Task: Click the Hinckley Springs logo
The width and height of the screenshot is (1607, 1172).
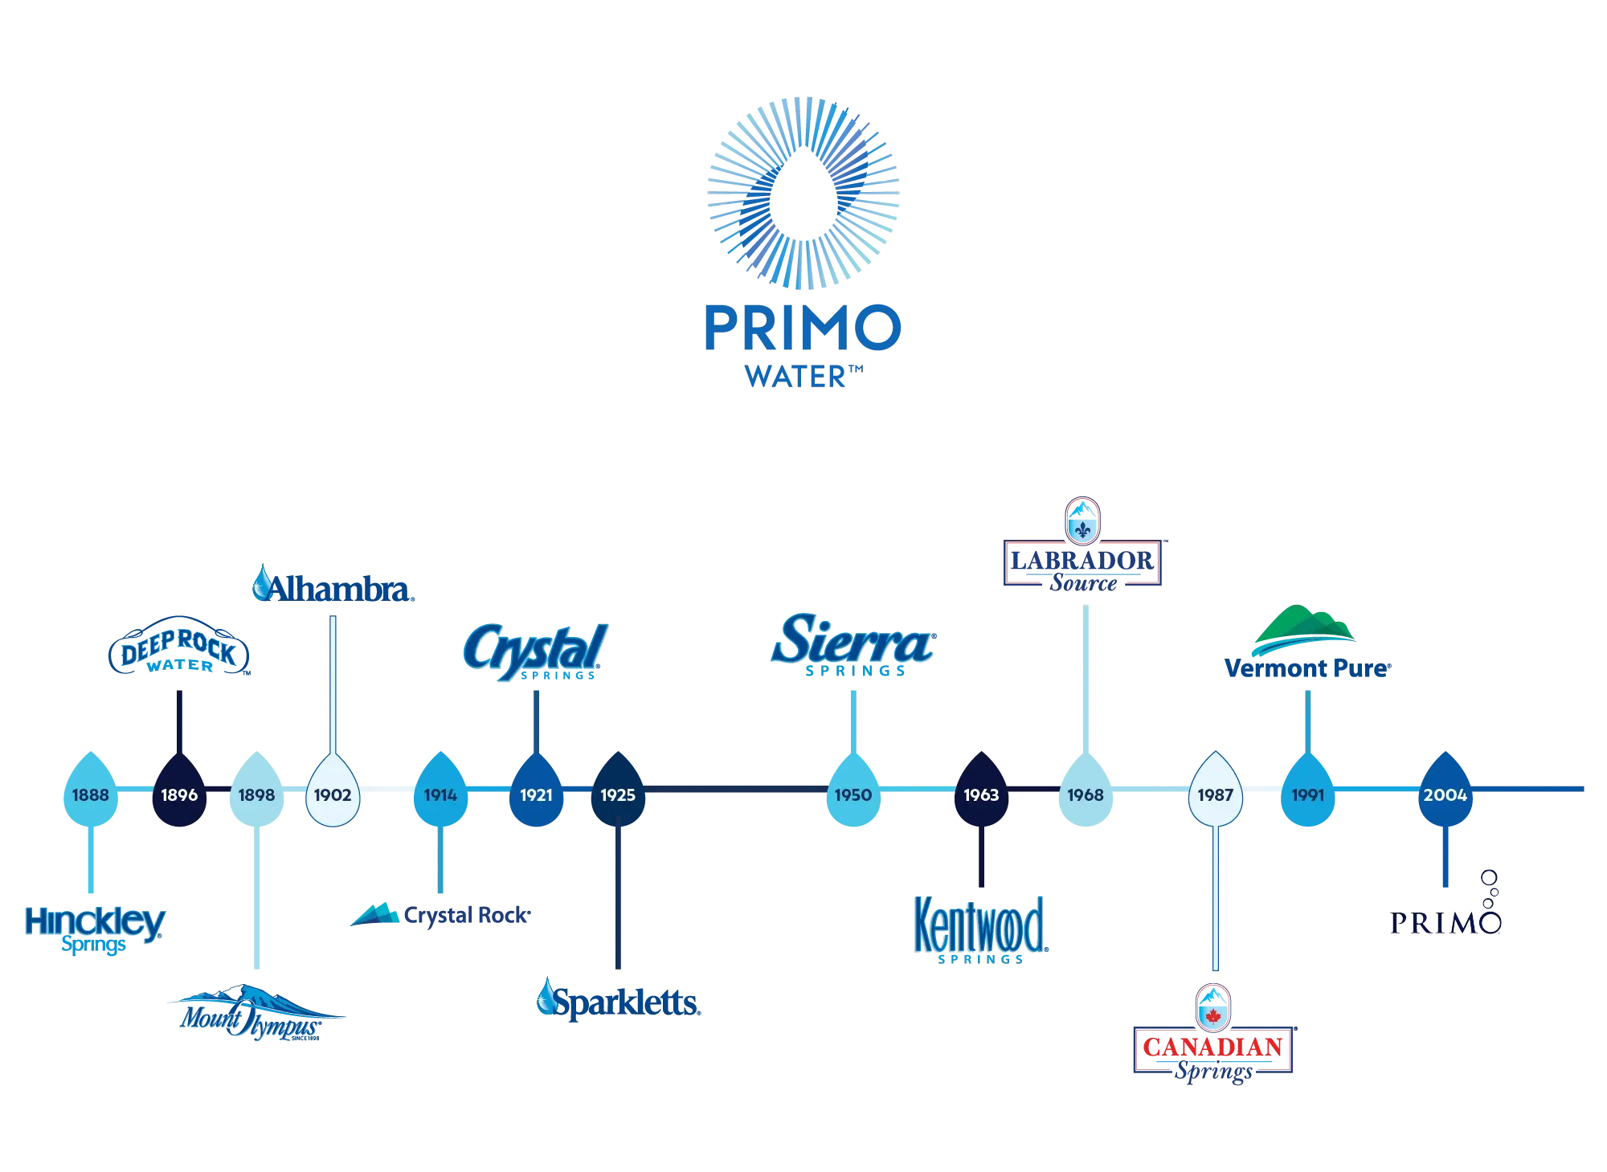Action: (x=94, y=929)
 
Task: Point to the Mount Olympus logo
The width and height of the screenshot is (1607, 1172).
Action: (x=256, y=1015)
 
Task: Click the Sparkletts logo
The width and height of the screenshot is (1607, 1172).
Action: (x=619, y=1000)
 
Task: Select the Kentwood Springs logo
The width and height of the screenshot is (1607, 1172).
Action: (x=981, y=928)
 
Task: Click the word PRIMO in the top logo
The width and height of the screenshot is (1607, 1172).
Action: (x=802, y=328)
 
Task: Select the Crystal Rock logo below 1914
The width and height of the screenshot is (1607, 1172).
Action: (x=440, y=915)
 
